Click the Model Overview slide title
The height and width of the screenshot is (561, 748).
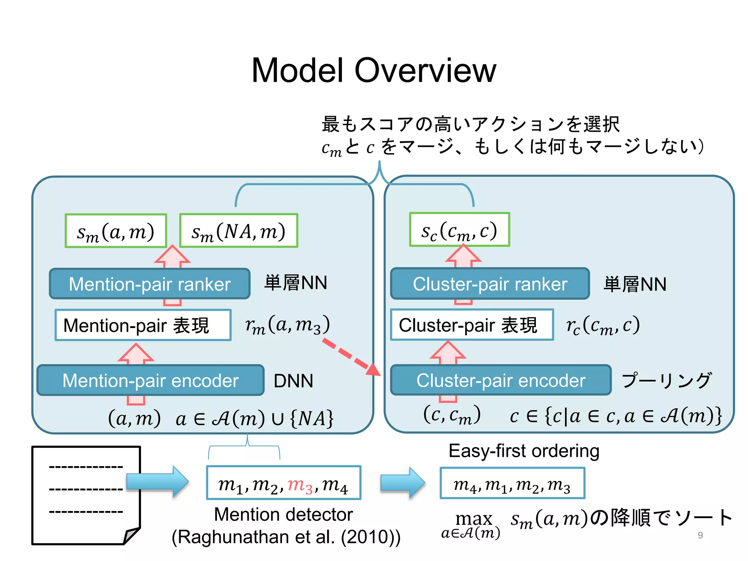[x=374, y=70]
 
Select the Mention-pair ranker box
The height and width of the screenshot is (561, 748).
[x=150, y=284]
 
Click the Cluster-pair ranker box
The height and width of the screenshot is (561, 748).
[x=490, y=284]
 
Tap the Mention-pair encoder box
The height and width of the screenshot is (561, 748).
[x=150, y=381]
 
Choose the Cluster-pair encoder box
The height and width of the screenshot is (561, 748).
[x=501, y=381]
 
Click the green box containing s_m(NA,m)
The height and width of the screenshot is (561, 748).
[x=239, y=231]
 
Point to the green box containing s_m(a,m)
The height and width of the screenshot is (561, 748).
[x=116, y=231]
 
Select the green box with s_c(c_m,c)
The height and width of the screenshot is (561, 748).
[x=459, y=230]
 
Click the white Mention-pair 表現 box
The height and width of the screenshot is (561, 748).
[x=143, y=325]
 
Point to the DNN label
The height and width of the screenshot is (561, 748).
[x=293, y=381]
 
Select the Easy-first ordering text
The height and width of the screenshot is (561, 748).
[x=524, y=451]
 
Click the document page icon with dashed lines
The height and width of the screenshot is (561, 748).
[x=86, y=495]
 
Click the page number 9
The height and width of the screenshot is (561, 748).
[x=700, y=535]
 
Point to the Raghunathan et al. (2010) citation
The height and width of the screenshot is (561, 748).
[x=286, y=537]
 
